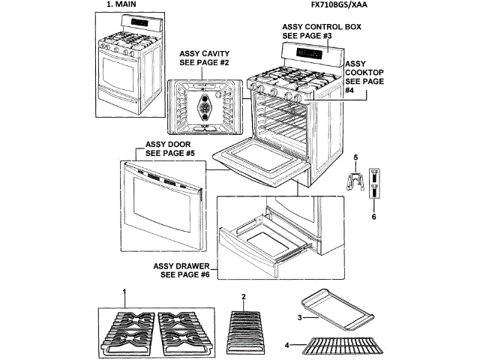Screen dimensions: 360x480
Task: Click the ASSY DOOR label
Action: coord(170,148)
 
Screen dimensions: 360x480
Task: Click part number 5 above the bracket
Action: coord(356,157)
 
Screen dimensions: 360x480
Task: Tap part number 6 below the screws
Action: coord(373,217)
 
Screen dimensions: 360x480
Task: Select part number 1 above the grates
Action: coord(124,291)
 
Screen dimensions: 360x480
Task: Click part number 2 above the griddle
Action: coord(244,297)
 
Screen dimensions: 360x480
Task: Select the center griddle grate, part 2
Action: coord(244,326)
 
